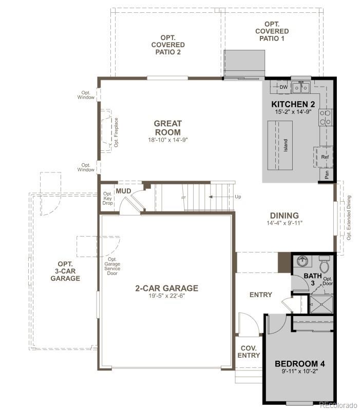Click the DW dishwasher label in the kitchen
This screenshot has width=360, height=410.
click(x=283, y=87)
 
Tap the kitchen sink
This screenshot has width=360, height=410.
click(x=300, y=88)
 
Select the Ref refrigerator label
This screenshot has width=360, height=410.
click(x=325, y=157)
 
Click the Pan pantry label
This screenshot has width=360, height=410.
click(x=327, y=174)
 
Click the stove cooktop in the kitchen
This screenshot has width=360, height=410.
click(x=325, y=118)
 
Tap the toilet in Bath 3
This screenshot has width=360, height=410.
click(x=324, y=264)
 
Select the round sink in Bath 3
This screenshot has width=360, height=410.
click(x=303, y=262)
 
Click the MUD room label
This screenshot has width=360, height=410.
click(x=123, y=191)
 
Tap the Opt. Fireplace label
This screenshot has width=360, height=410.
click(x=116, y=132)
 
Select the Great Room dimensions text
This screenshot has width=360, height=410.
click(x=167, y=140)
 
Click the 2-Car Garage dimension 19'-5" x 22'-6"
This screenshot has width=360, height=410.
click(x=166, y=296)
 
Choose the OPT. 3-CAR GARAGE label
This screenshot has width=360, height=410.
click(x=65, y=271)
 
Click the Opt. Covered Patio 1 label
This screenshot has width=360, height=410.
click(x=272, y=31)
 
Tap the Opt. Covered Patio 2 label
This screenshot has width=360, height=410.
click(x=167, y=45)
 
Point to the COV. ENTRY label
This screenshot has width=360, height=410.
click(x=250, y=352)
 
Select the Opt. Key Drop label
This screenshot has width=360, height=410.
click(x=107, y=199)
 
